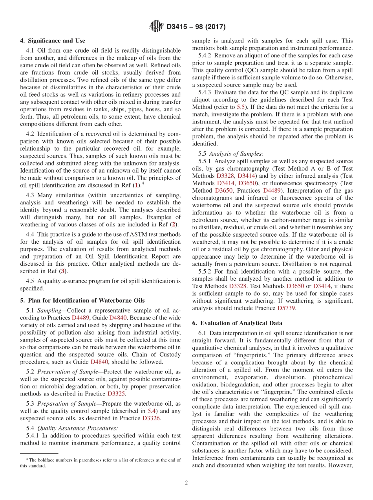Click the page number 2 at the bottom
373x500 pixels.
click(186, 483)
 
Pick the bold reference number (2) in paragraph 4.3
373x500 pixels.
click(173, 224)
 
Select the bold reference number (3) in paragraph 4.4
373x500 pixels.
click(62, 271)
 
